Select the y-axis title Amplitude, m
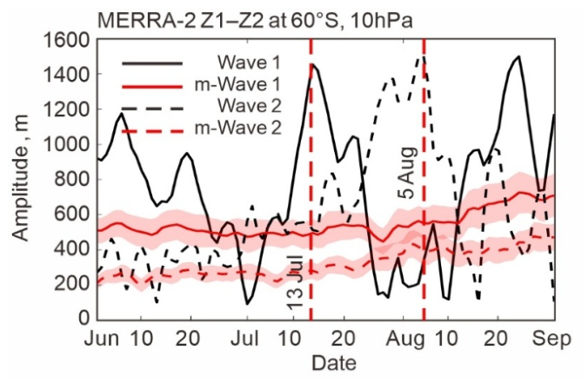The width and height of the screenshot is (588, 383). tap(20, 178)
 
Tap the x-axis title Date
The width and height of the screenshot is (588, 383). tap(334, 363)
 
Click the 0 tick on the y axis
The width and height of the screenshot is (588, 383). tap(85, 319)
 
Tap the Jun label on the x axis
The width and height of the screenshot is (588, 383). tap(102, 339)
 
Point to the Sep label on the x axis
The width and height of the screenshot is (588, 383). tap(551, 340)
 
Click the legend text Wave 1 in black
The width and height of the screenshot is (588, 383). tap(249, 63)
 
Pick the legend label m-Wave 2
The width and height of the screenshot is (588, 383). tap(237, 128)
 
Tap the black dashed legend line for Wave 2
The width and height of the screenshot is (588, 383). tap(152, 109)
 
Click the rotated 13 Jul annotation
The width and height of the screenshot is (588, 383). tap(296, 281)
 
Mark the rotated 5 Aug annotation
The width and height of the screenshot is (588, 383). tap(408, 173)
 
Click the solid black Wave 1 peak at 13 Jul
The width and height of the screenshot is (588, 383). tap(312, 64)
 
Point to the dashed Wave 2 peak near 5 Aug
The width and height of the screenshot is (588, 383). tap(423, 56)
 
